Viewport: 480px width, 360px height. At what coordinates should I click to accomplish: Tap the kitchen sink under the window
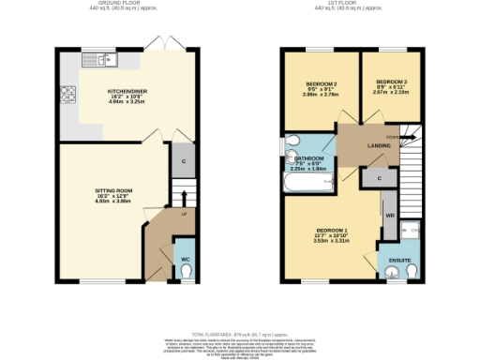click(x=104, y=62)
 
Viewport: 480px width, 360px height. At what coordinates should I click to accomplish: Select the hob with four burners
click(x=68, y=94)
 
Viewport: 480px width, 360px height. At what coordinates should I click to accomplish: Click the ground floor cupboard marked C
click(x=184, y=160)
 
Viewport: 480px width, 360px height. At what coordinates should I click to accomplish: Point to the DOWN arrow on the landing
click(x=407, y=138)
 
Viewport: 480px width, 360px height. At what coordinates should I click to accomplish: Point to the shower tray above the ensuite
click(x=412, y=228)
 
